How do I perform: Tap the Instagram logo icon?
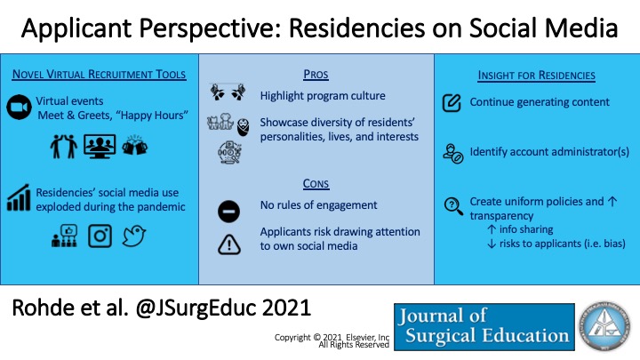100,237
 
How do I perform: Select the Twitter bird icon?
134,237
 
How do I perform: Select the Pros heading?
316,74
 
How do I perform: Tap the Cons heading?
316,184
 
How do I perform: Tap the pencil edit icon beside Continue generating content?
452,103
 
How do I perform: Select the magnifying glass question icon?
452,205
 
